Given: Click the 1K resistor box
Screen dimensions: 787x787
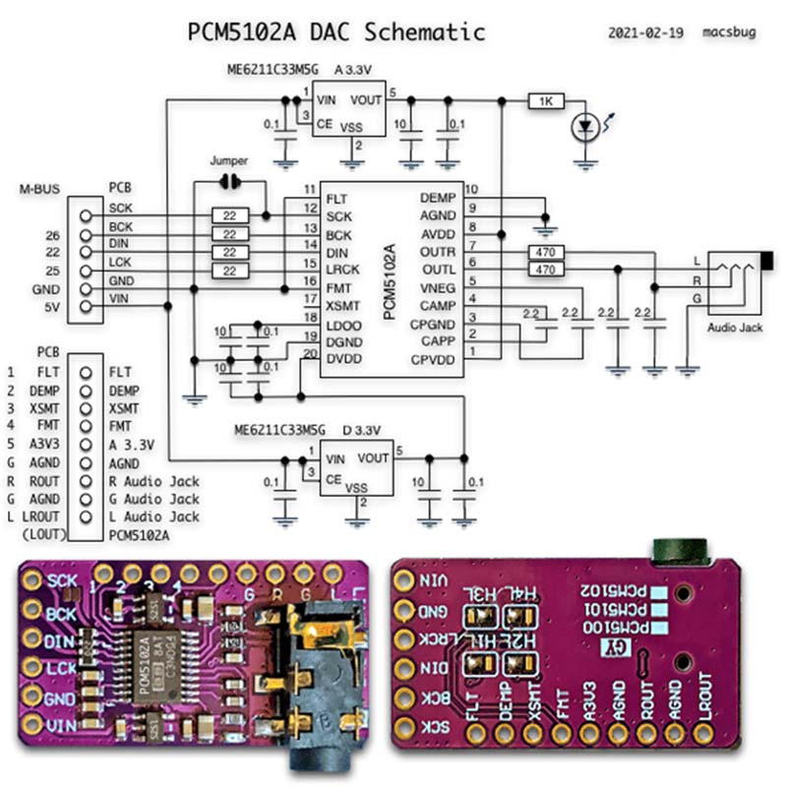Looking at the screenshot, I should tap(546, 100).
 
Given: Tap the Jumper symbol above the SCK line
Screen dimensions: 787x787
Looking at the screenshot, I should tap(230, 181).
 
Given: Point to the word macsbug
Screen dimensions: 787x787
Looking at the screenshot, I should tap(727, 32).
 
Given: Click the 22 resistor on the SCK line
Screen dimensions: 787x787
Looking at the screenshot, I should tap(229, 215).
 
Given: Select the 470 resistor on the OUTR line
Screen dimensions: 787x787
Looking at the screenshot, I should tap(545, 253).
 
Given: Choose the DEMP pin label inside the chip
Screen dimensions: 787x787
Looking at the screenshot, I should tap(437, 199).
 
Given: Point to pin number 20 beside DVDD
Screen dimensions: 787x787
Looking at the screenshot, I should tap(310, 353).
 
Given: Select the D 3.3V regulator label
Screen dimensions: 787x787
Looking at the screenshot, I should tap(362, 430).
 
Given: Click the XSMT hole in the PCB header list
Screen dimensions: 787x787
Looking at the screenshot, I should tap(88, 408).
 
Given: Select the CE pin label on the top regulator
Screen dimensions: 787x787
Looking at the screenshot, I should tap(324, 123).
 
